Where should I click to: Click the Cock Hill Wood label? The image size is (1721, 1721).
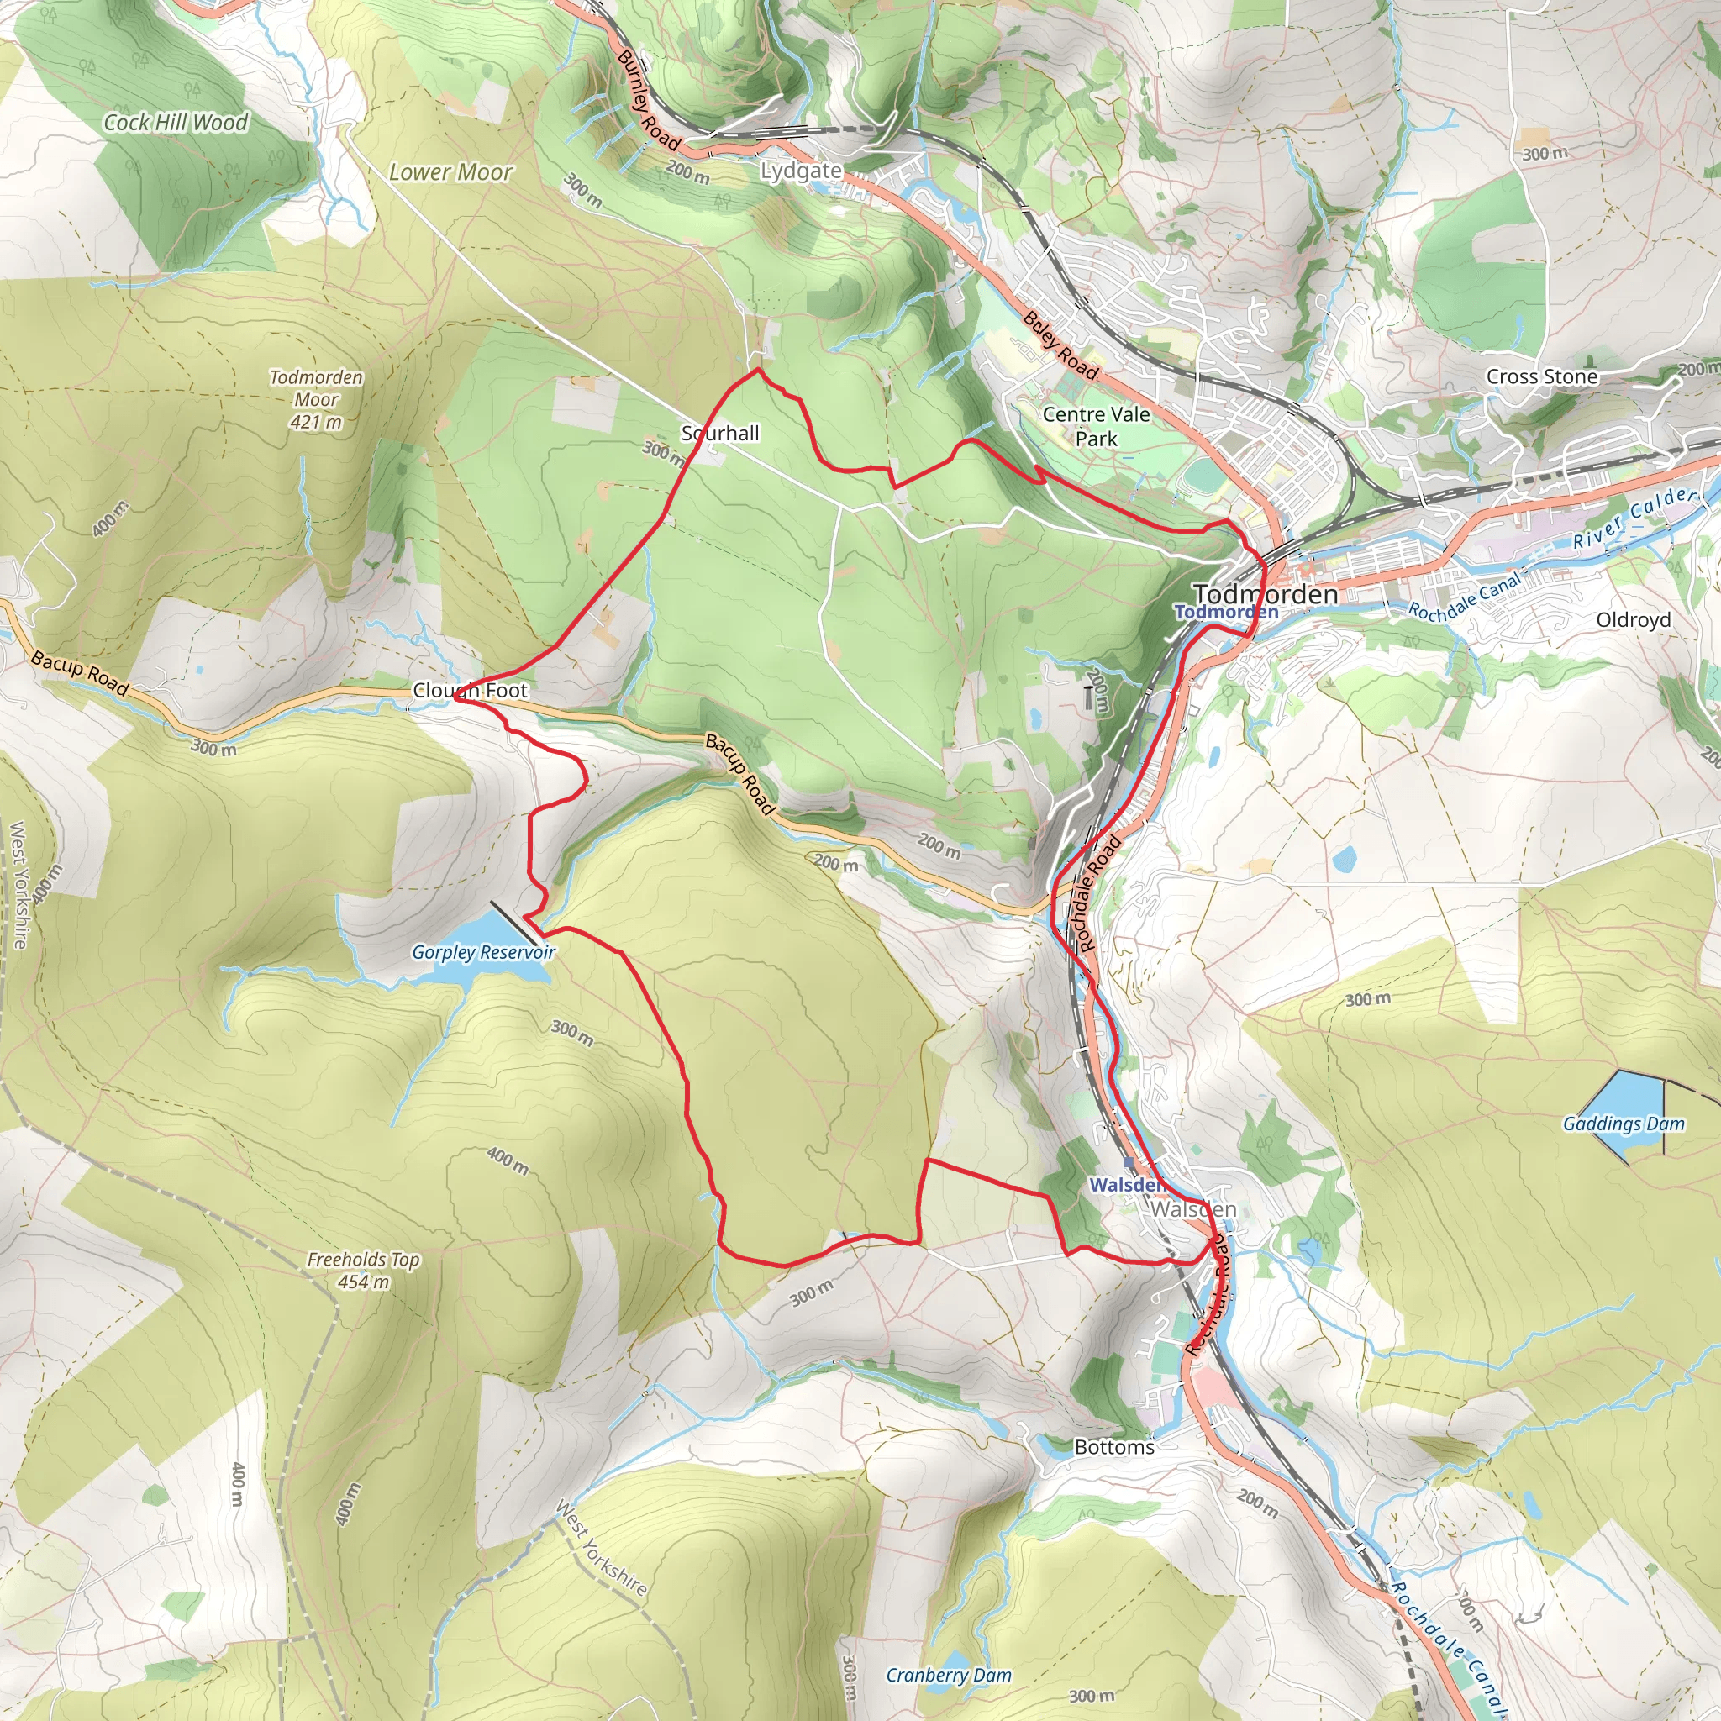click(176, 123)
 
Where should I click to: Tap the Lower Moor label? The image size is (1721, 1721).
click(450, 172)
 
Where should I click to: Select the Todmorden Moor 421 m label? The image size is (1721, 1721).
click(316, 399)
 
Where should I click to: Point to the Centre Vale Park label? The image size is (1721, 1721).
click(1096, 426)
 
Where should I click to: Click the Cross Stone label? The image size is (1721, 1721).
click(1541, 376)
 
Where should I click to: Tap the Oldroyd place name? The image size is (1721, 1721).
click(1633, 620)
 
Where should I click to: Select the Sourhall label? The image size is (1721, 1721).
click(720, 434)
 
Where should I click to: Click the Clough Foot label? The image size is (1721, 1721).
click(470, 691)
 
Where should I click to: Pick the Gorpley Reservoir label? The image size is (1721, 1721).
click(483, 952)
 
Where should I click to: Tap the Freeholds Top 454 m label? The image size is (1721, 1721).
click(363, 1271)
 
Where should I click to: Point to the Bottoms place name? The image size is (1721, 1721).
click(1113, 1448)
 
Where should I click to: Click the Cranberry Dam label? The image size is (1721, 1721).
click(949, 1676)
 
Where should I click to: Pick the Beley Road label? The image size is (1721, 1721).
click(1060, 345)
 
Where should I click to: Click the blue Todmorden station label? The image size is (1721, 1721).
click(1226, 611)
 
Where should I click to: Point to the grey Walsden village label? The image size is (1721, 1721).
click(1192, 1210)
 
